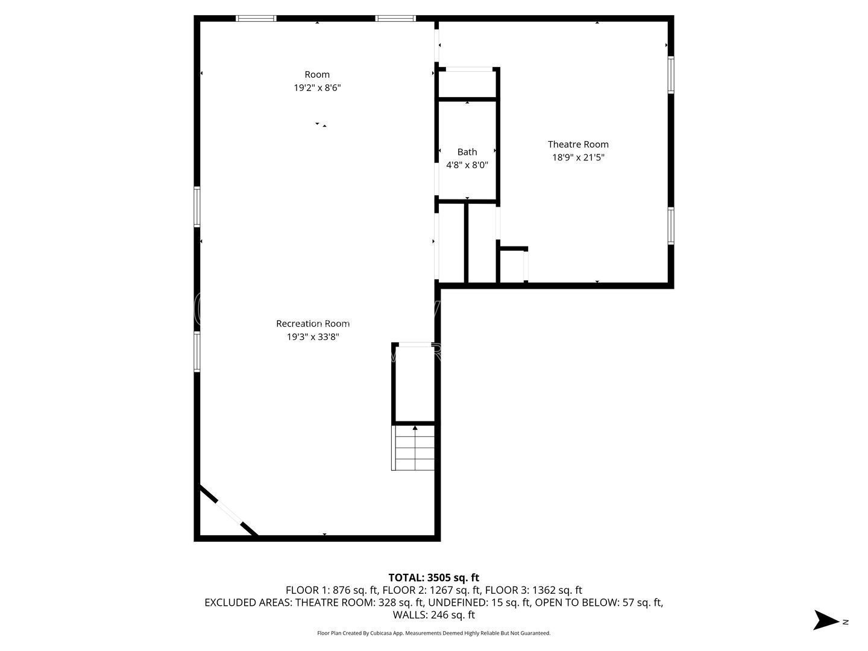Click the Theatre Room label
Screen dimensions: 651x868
[577, 144]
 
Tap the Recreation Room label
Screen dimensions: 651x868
[313, 324]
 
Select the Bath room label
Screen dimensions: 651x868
[467, 152]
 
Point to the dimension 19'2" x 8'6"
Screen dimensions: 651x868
[317, 88]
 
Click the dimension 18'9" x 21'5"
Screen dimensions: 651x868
[578, 157]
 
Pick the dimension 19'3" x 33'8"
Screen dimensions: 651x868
[313, 337]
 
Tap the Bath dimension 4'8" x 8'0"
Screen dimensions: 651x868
[467, 165]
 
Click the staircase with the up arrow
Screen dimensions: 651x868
[414, 448]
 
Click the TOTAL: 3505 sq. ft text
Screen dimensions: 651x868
[433, 577]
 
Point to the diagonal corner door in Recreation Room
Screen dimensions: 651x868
[228, 511]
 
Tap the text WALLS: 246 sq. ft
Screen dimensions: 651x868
[433, 615]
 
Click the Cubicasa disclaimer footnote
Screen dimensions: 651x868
[433, 633]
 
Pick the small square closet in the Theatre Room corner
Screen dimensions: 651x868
[512, 266]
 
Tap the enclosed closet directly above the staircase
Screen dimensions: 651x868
[414, 383]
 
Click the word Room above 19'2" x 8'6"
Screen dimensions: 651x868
[317, 75]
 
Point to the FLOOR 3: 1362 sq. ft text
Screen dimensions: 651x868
[533, 590]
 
